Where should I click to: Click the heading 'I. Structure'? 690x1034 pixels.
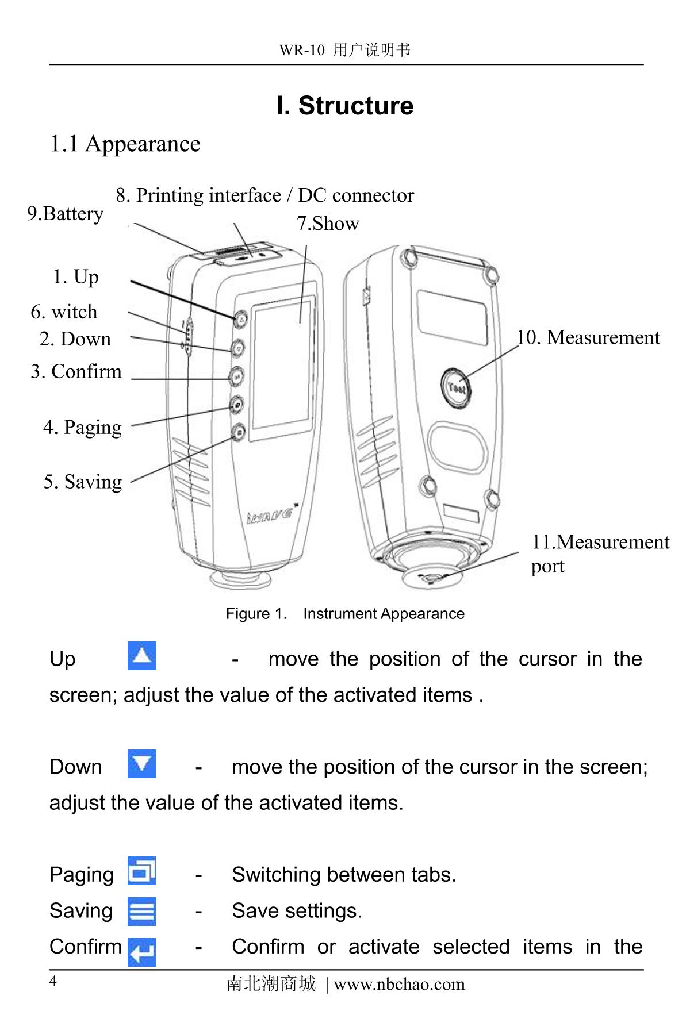coord(345,106)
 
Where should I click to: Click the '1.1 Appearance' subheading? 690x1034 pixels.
coord(125,144)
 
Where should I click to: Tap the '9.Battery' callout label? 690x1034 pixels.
coord(65,214)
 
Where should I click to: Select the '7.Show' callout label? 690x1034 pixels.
coord(328,224)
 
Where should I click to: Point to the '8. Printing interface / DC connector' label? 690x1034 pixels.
coord(264,195)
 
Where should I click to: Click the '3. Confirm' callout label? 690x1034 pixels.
coord(76,371)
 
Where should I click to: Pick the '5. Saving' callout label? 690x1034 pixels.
coord(83,482)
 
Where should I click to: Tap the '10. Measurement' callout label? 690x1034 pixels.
coord(588,337)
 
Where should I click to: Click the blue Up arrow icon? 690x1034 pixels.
coord(141,656)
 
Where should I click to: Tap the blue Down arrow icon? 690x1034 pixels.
coord(141,764)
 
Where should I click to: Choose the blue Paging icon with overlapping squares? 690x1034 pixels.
coord(141,871)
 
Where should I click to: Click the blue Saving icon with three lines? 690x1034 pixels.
coord(141,912)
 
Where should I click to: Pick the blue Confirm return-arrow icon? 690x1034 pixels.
coord(141,952)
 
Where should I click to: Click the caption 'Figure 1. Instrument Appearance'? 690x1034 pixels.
coord(345,614)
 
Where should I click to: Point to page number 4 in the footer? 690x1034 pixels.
coord(53,981)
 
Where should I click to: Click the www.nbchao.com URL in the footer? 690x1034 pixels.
coord(399,984)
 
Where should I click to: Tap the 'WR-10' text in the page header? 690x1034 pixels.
coord(301,51)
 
